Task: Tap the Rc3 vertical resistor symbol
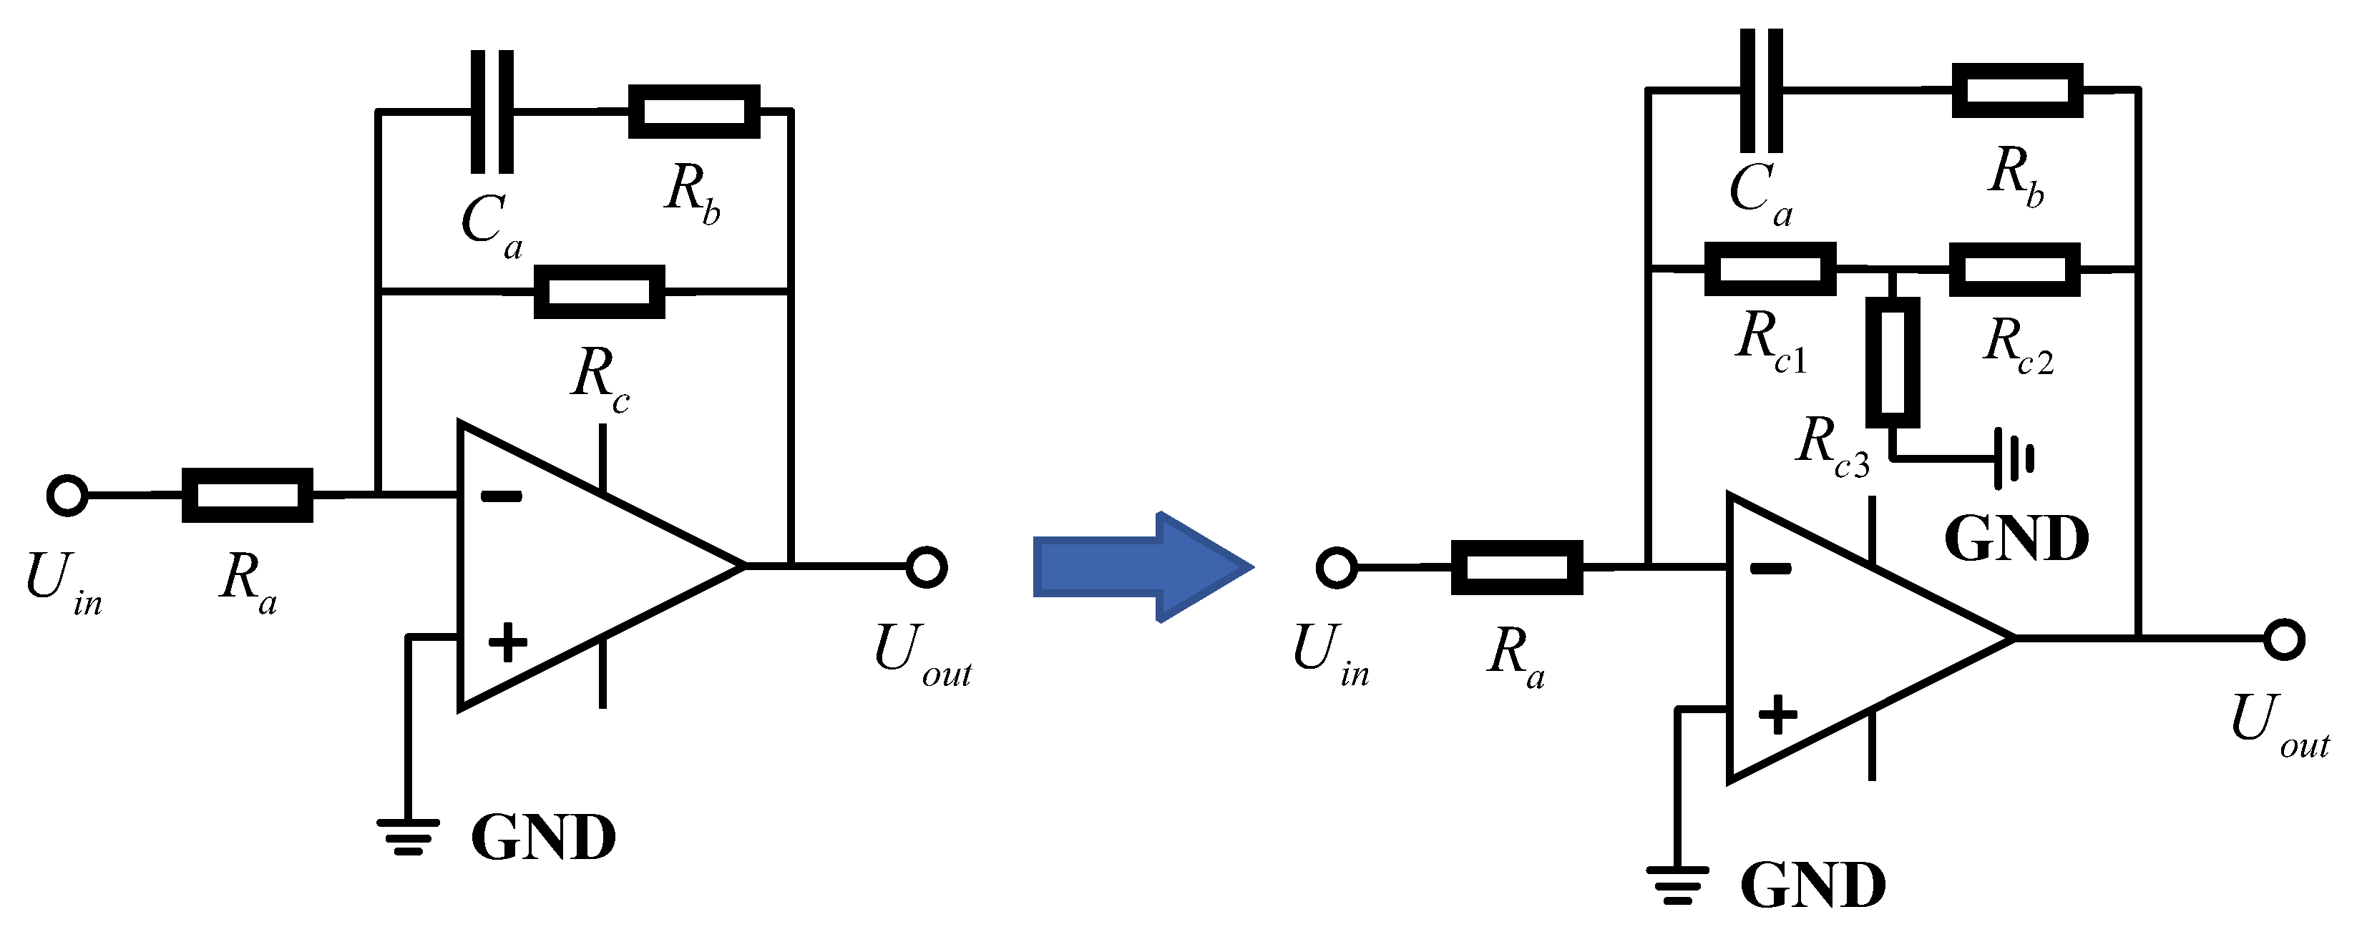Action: (x=1892, y=363)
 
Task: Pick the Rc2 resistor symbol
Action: (x=2014, y=269)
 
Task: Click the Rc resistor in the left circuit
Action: (x=600, y=292)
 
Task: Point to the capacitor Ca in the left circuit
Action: (x=492, y=112)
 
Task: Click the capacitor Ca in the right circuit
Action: (x=1762, y=89)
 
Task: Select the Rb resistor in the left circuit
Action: (x=693, y=112)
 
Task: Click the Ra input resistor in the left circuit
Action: (x=247, y=495)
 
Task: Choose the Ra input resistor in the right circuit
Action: (x=1516, y=567)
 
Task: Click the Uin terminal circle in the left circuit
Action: (x=67, y=495)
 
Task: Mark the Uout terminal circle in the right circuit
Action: (x=2284, y=639)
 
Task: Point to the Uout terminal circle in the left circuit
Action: (x=926, y=567)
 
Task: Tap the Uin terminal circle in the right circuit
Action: (x=1336, y=567)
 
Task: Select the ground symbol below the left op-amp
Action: (x=408, y=835)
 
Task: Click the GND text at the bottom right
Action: (x=1812, y=885)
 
